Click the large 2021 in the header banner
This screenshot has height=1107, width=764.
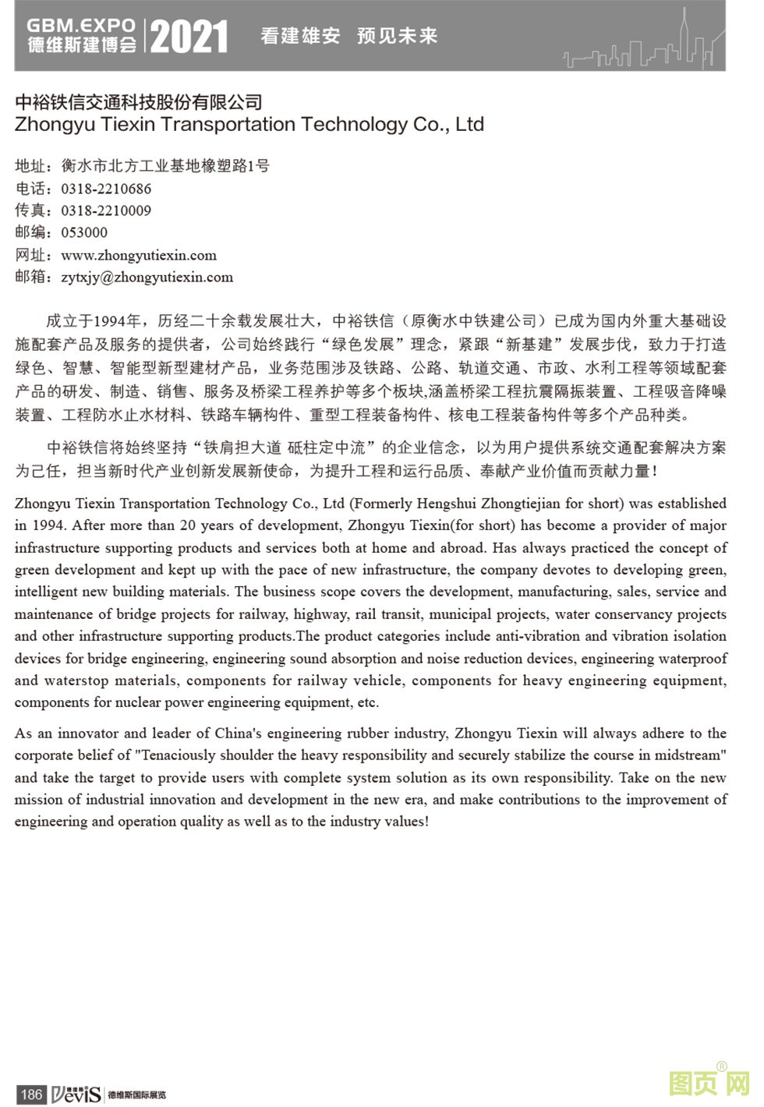189,36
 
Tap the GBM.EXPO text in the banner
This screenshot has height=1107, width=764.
80,26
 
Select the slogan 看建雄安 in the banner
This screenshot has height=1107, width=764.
300,36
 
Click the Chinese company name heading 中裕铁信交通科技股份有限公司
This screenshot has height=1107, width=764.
139,102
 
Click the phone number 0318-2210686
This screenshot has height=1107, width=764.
106,189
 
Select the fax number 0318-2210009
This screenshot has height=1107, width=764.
106,210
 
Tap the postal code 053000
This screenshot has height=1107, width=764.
84,232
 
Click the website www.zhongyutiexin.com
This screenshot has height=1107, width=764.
139,255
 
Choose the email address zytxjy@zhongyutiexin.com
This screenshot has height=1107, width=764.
147,277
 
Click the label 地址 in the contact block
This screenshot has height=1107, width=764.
30,166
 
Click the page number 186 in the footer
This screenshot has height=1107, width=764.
30,1094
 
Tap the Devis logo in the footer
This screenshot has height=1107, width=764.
76,1094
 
